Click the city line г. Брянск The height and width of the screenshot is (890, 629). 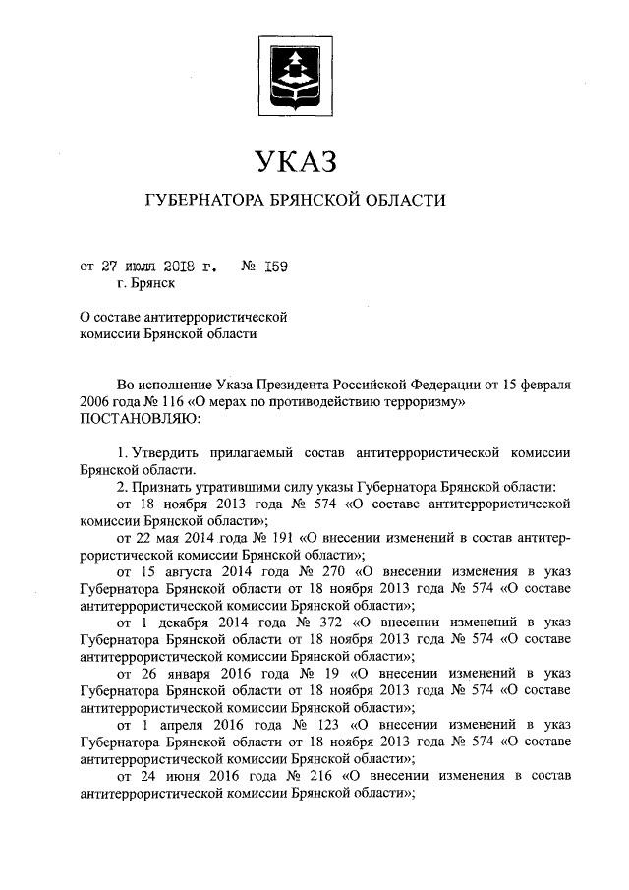[145, 284]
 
